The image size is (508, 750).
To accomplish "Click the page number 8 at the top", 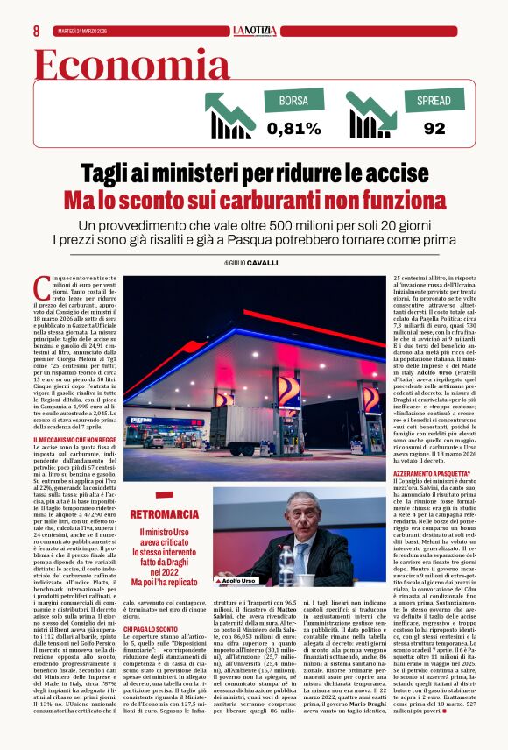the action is [36, 30].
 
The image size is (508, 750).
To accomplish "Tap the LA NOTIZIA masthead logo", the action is [254, 31].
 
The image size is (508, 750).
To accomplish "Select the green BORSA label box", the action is [293, 101].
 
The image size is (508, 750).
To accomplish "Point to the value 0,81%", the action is [294, 129].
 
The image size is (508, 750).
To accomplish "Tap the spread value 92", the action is [434, 129].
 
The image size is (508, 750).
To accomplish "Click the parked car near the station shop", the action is [155, 441].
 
